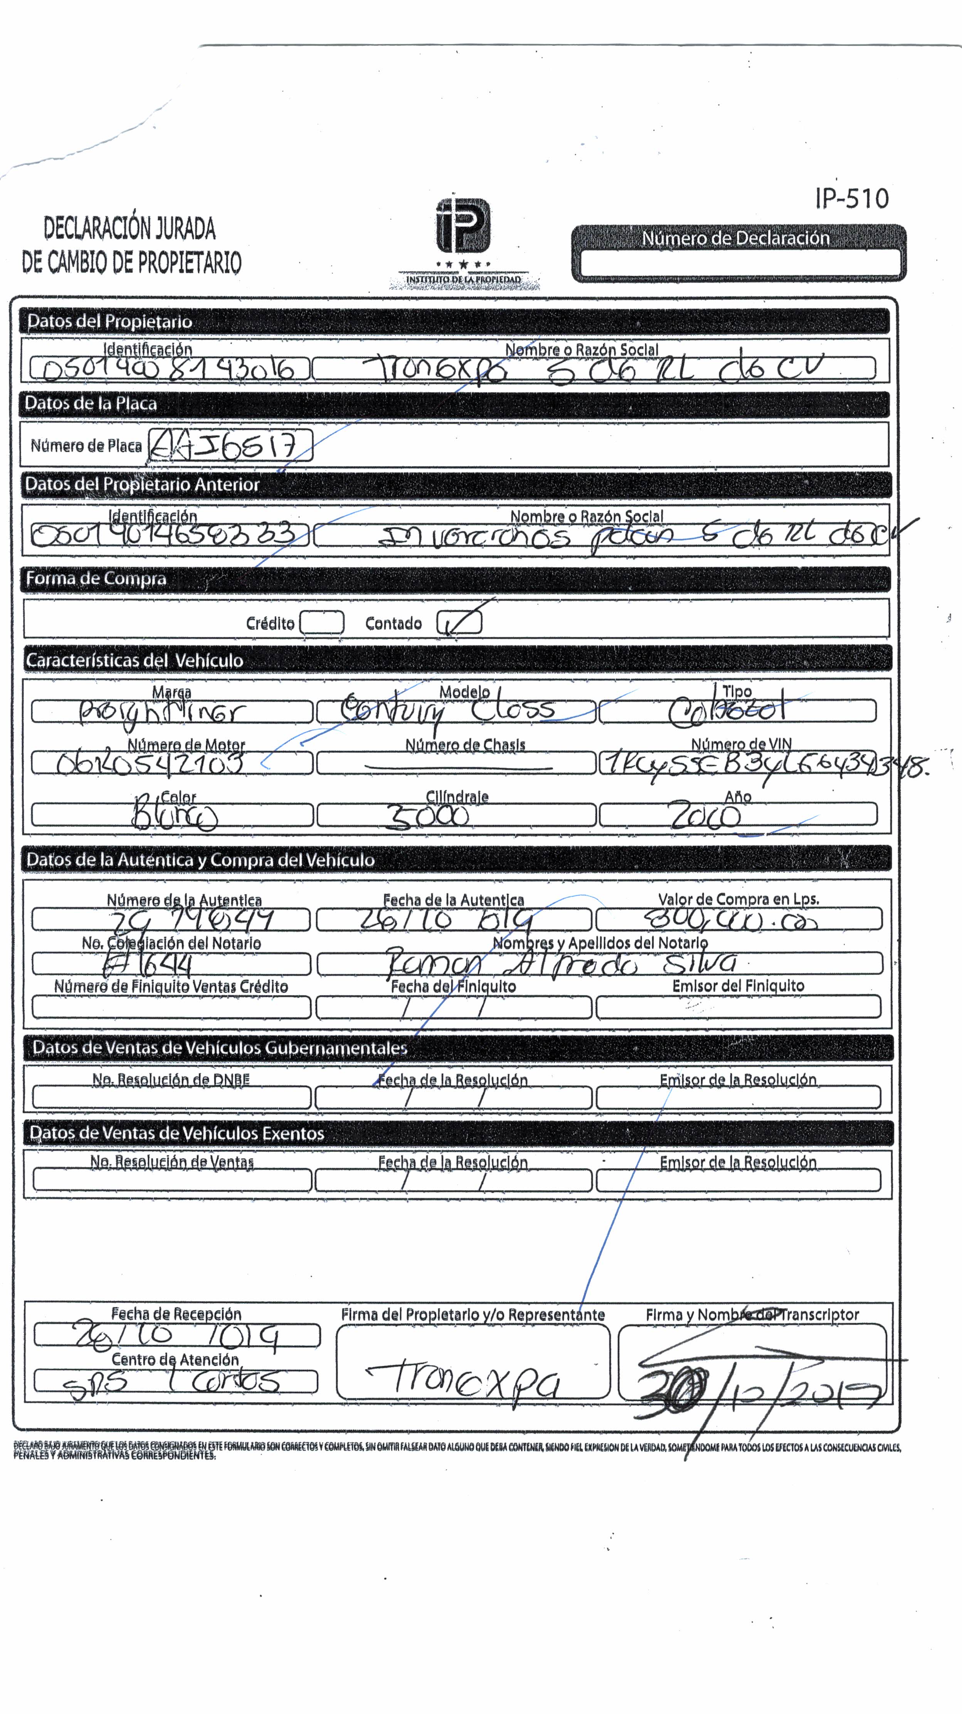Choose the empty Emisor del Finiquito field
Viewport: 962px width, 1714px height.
pos(738,1007)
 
